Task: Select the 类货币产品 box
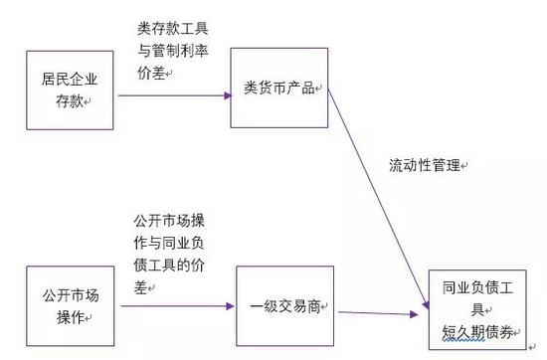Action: (x=279, y=88)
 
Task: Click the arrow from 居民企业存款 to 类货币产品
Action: (x=173, y=96)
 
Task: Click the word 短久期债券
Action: (x=479, y=333)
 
